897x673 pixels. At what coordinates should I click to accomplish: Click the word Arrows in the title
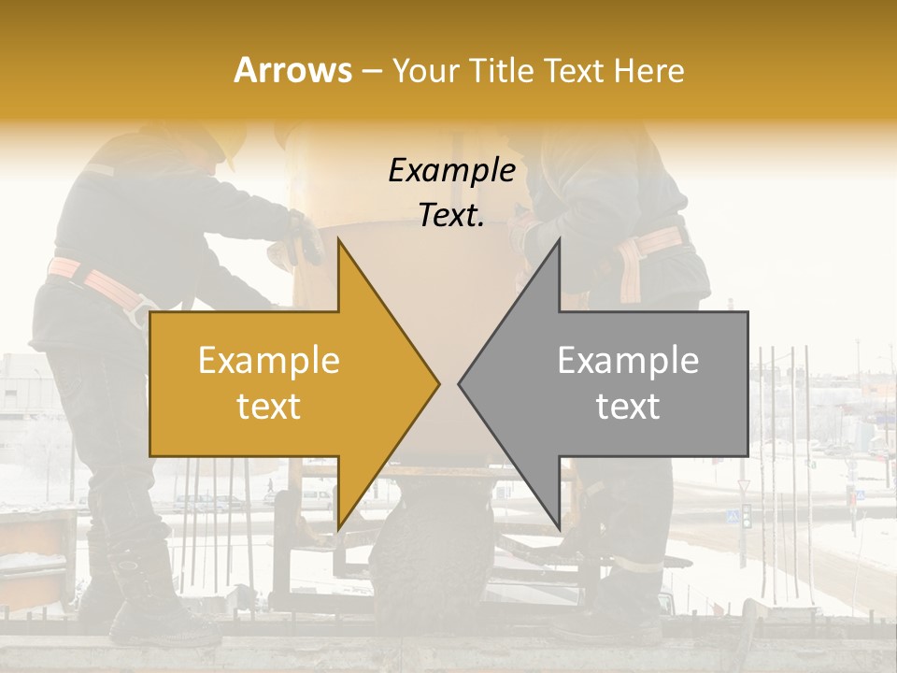292,70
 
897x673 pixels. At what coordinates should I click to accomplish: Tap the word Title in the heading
501,70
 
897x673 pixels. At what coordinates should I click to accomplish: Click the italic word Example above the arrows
451,170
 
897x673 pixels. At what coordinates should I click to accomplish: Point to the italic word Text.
451,215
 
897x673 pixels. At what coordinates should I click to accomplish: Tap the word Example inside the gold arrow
269,361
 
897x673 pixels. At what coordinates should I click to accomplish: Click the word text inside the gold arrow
269,406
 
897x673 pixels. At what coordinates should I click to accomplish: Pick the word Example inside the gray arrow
628,361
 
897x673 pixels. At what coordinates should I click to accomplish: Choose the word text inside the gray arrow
628,406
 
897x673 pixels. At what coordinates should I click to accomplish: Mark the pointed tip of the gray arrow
462,383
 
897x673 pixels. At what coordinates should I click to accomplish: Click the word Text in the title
576,70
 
